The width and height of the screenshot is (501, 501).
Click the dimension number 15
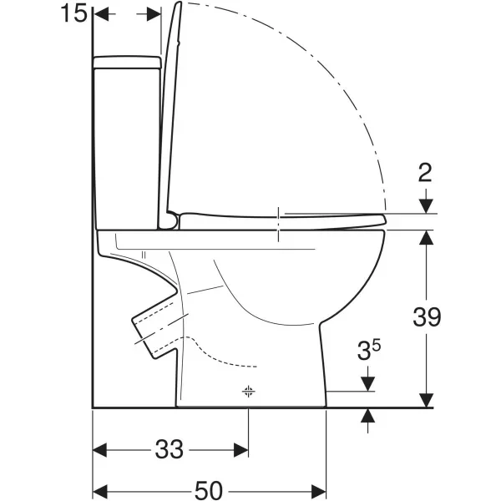[73, 13]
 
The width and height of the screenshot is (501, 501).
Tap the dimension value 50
[209, 490]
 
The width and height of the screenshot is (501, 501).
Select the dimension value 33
[169, 449]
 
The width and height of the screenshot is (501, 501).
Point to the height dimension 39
[427, 316]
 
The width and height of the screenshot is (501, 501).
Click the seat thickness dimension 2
[425, 173]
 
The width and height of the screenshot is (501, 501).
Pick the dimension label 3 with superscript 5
[369, 350]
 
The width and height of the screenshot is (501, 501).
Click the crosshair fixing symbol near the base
[248, 391]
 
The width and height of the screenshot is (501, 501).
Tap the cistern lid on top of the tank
[127, 63]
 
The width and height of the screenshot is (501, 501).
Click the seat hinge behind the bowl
[173, 221]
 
